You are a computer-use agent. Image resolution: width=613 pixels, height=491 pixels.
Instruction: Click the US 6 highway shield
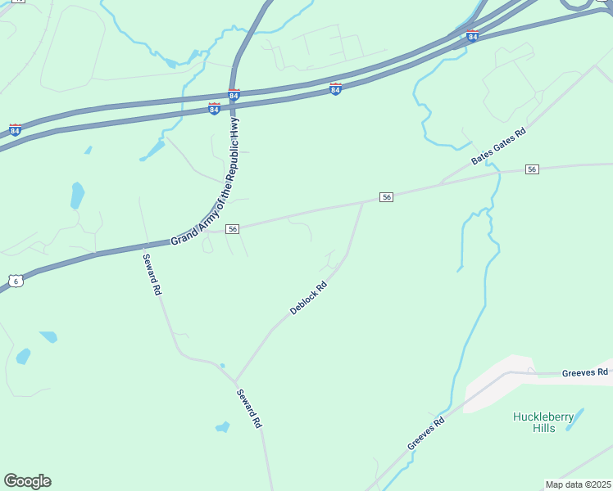tap(16, 281)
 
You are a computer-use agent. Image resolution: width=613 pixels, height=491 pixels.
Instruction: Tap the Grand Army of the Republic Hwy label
tap(205, 182)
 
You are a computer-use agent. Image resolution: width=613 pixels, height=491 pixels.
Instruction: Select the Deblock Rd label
tap(309, 299)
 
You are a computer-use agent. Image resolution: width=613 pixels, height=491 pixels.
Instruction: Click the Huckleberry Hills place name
tap(543, 422)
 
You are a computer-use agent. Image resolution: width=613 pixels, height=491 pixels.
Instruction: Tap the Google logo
tap(27, 481)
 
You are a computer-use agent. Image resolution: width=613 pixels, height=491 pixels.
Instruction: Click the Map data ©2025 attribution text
tap(578, 484)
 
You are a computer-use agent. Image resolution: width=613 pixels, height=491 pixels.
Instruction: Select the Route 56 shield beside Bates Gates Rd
tap(533, 169)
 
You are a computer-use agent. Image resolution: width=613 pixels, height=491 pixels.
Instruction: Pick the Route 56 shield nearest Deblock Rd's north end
tap(387, 197)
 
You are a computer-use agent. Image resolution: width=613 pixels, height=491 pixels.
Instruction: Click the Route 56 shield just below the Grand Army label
tap(233, 229)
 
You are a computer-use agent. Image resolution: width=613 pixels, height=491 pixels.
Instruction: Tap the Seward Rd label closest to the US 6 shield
tap(152, 276)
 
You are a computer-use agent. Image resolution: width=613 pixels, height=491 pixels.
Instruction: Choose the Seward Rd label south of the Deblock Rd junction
tap(249, 409)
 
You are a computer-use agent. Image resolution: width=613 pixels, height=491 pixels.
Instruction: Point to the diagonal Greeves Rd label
tap(426, 434)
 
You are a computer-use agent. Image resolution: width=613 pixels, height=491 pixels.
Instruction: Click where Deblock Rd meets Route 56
tap(363, 201)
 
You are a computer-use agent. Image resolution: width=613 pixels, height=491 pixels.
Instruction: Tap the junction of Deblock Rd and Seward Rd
tap(236, 381)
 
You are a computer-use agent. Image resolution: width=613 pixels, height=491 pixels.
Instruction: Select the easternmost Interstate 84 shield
tap(472, 36)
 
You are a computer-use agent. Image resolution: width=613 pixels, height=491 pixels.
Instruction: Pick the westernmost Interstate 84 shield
tap(15, 129)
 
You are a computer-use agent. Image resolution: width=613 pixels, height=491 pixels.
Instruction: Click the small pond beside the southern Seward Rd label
tap(222, 426)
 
